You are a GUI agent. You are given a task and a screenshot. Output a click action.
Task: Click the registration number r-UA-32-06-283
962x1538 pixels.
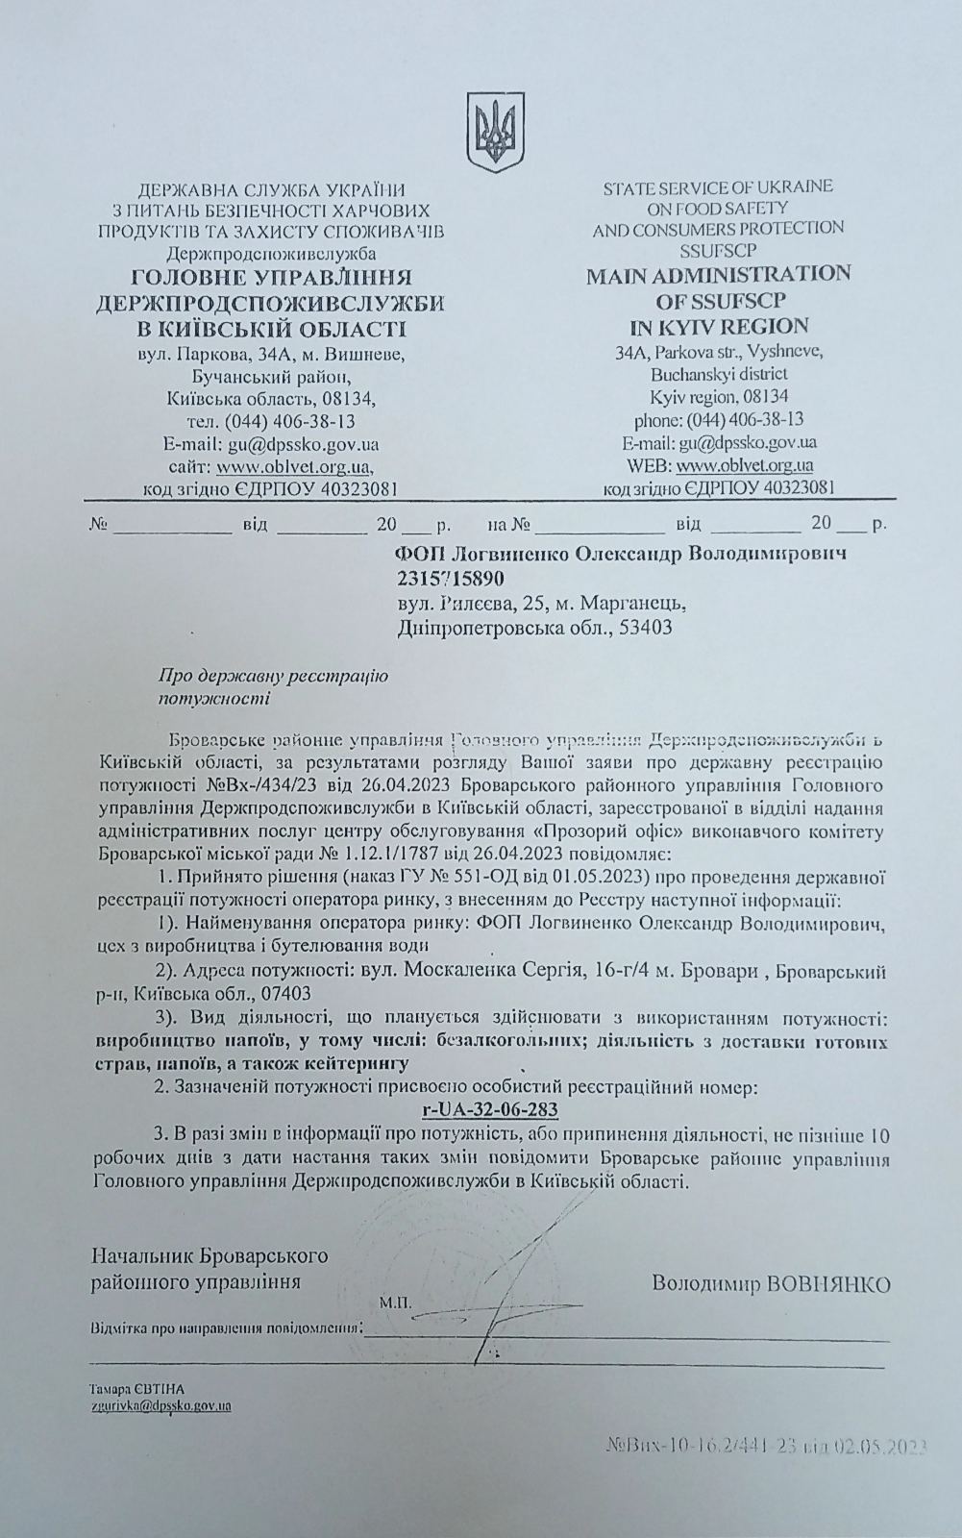click(x=490, y=1110)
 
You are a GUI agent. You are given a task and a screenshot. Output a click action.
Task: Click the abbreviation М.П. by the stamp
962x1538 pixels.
click(x=394, y=1303)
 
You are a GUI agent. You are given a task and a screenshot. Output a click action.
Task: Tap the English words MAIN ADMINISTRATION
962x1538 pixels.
click(x=718, y=274)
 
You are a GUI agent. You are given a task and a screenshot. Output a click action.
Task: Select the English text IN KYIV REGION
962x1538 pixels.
click(x=718, y=325)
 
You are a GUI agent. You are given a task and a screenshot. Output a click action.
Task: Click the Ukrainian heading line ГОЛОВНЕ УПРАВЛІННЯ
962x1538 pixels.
click(x=271, y=278)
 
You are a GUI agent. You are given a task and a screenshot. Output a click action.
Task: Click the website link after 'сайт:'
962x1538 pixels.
click(x=293, y=467)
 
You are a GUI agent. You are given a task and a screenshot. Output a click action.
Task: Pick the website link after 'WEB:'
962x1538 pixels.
click(x=744, y=465)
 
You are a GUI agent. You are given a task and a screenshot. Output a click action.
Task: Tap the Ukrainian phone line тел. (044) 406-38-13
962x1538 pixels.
click(x=271, y=422)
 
